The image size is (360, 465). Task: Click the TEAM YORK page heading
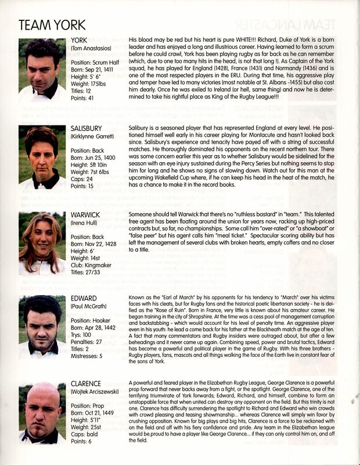pyautogui.click(x=52, y=24)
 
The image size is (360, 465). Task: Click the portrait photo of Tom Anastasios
pyautogui.click(x=42, y=70)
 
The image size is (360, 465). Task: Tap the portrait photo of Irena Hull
pyautogui.click(x=42, y=242)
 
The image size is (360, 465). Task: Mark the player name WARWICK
pyautogui.click(x=87, y=214)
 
